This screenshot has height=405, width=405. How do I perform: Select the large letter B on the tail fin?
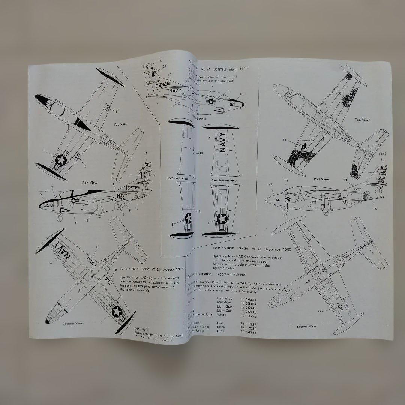142,175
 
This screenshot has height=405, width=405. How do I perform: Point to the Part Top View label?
177,178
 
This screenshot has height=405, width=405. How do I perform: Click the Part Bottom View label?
224,180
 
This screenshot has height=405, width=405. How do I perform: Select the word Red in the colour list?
221,322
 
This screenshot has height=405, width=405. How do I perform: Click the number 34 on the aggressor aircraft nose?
277,200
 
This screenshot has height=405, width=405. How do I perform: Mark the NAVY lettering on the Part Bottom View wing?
223,142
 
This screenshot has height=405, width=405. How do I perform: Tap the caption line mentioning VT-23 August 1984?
148,268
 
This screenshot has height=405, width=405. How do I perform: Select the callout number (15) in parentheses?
382,153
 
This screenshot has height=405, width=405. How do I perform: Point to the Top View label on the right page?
362,120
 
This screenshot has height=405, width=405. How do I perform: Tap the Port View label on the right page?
321,180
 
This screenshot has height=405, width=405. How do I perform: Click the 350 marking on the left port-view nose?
48,205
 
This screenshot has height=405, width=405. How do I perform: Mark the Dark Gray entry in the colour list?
225,298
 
